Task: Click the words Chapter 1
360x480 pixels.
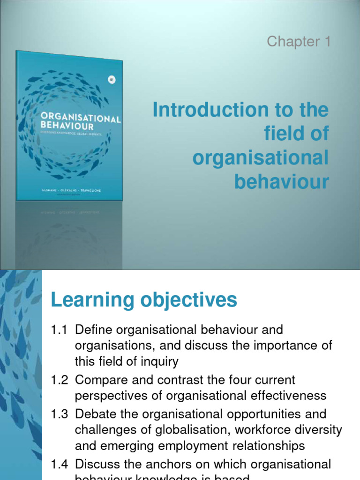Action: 299,42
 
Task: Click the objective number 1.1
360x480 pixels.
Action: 60,330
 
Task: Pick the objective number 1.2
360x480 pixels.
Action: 60,380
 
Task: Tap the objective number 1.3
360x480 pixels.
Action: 60,414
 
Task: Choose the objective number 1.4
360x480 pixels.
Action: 60,465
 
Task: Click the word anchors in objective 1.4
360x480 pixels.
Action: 158,465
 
